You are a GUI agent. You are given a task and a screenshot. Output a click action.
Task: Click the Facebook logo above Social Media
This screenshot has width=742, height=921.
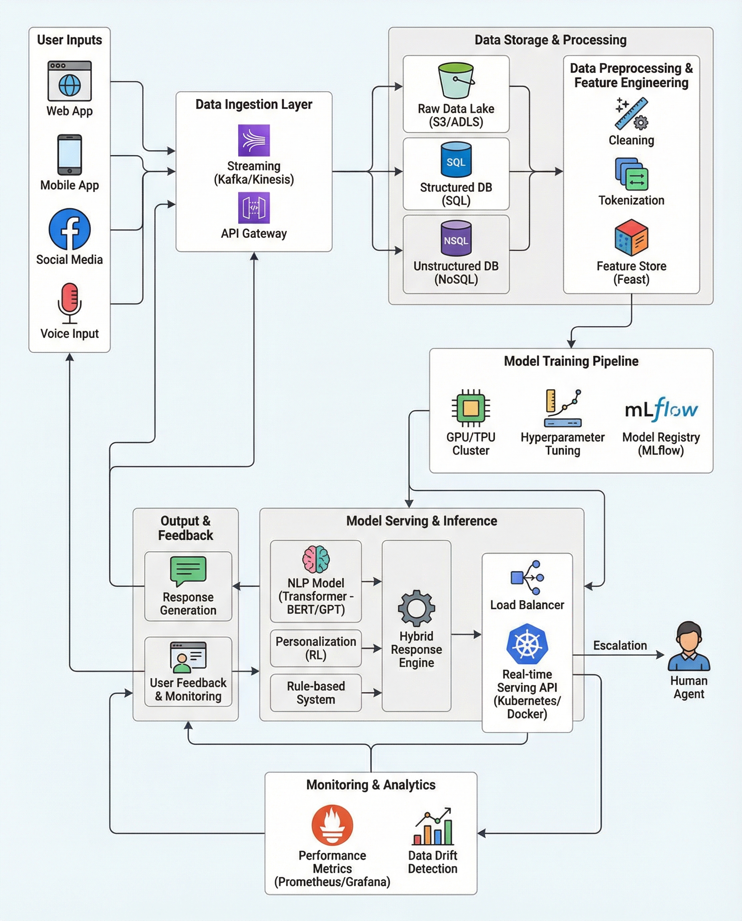tap(70, 229)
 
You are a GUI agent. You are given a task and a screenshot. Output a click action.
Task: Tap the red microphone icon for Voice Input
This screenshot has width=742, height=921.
tap(70, 303)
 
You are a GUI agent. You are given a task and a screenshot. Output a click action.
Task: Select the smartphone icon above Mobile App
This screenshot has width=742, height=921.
tap(70, 155)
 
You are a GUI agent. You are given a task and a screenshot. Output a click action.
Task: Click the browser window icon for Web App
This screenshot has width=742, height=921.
tap(70, 81)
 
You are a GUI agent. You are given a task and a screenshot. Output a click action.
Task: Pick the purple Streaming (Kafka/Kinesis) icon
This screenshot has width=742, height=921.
tap(254, 140)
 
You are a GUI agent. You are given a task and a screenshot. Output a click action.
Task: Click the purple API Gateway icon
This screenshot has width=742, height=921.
tap(254, 208)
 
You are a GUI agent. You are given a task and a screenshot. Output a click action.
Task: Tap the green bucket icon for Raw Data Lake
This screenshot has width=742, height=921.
tap(456, 80)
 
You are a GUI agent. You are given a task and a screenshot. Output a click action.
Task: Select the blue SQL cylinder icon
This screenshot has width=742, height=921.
tap(456, 160)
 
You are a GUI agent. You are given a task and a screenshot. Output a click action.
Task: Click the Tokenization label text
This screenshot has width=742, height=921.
tap(631, 200)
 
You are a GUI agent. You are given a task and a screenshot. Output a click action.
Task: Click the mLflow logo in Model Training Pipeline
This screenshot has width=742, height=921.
tap(661, 409)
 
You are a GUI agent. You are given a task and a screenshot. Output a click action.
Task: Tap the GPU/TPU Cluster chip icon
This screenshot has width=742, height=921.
tap(471, 408)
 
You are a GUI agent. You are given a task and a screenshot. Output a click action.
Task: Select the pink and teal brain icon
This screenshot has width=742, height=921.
tap(316, 559)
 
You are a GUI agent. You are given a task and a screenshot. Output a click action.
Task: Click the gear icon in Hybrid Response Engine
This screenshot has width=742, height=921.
tap(416, 608)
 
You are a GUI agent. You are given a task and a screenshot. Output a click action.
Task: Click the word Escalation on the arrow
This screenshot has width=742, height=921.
tap(620, 645)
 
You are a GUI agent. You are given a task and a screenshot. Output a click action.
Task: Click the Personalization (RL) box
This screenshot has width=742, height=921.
tap(316, 648)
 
